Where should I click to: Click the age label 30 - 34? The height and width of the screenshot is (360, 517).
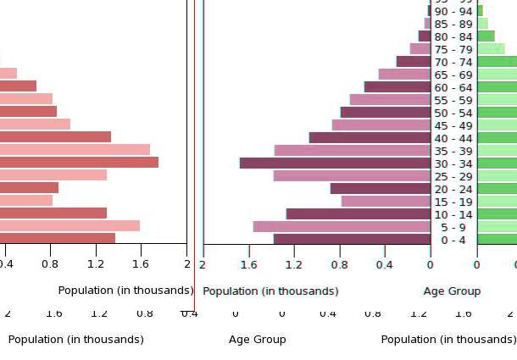(x=453, y=163)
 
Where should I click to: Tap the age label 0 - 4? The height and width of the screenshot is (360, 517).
(x=453, y=240)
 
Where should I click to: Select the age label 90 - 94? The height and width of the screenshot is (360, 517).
(x=453, y=11)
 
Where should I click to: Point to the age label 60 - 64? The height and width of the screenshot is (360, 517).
(x=453, y=87)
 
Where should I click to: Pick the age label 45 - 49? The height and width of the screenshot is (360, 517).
(x=453, y=125)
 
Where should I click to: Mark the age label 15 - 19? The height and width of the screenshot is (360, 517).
(x=453, y=202)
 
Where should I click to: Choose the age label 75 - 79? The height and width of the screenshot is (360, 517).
(x=453, y=49)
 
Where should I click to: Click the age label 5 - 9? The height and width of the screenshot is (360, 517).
(x=453, y=227)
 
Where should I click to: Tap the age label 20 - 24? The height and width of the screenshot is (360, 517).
(x=453, y=189)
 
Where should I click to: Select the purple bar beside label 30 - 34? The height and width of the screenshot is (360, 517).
(x=335, y=163)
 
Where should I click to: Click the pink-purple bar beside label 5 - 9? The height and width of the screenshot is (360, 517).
(x=342, y=227)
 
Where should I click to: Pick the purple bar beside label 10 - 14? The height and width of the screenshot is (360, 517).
(x=358, y=214)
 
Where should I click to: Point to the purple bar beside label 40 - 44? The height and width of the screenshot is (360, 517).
(x=370, y=138)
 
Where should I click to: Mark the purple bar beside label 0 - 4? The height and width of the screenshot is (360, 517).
(x=352, y=240)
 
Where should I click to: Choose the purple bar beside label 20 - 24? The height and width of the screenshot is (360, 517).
(x=380, y=189)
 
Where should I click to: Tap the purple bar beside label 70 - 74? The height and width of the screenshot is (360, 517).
(x=413, y=62)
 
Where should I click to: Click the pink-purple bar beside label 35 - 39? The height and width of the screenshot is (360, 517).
(x=352, y=151)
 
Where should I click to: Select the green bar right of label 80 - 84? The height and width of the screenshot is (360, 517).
(x=486, y=36)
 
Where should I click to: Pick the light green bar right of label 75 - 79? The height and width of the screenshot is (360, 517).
(x=491, y=49)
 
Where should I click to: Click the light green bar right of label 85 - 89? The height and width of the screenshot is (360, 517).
(x=482, y=24)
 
